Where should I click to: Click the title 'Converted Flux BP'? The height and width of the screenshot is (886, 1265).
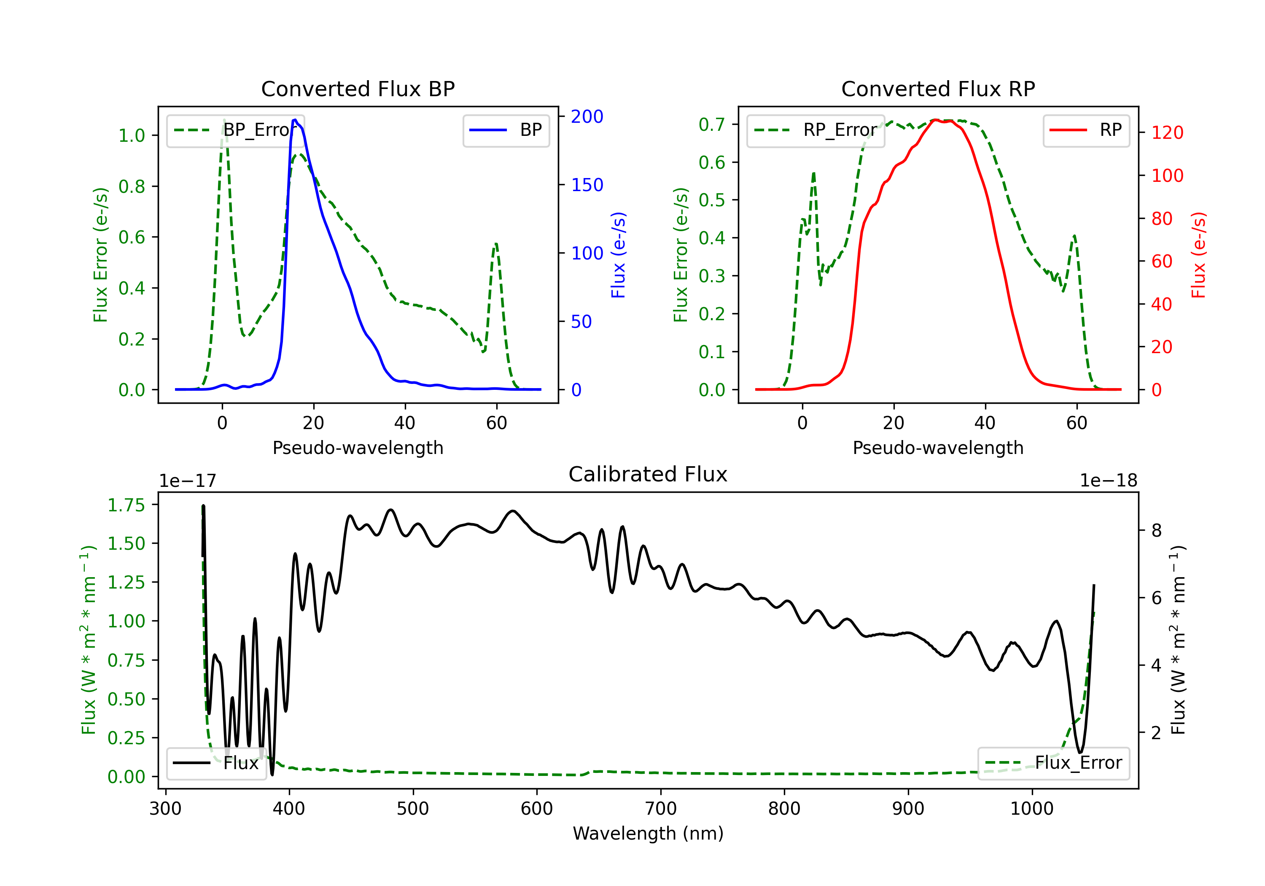point(358,89)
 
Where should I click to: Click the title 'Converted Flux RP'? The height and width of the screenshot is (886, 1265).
point(938,89)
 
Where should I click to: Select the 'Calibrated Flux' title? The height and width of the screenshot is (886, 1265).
point(648,474)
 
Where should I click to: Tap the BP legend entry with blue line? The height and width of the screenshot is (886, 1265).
point(506,130)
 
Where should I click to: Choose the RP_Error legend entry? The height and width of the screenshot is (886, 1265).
point(816,130)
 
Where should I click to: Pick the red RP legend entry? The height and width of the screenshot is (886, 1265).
point(1086,130)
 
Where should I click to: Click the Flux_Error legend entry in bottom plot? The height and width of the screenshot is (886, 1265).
point(1053,763)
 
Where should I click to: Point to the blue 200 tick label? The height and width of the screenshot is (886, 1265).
point(587,116)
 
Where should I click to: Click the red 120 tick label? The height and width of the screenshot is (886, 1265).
point(1168,132)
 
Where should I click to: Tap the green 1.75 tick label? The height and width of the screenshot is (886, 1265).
point(126,505)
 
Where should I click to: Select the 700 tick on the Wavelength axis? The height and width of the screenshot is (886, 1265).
point(661,808)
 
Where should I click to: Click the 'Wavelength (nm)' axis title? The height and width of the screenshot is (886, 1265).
point(648,833)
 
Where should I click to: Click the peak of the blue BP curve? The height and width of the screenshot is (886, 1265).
point(295,120)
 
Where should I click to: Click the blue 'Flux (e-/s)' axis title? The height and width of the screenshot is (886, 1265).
point(618,255)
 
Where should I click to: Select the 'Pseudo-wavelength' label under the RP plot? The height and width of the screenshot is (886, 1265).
point(938,448)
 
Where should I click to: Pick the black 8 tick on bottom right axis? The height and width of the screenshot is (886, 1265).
point(1157,530)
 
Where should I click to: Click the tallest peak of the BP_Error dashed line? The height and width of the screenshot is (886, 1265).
point(223,120)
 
